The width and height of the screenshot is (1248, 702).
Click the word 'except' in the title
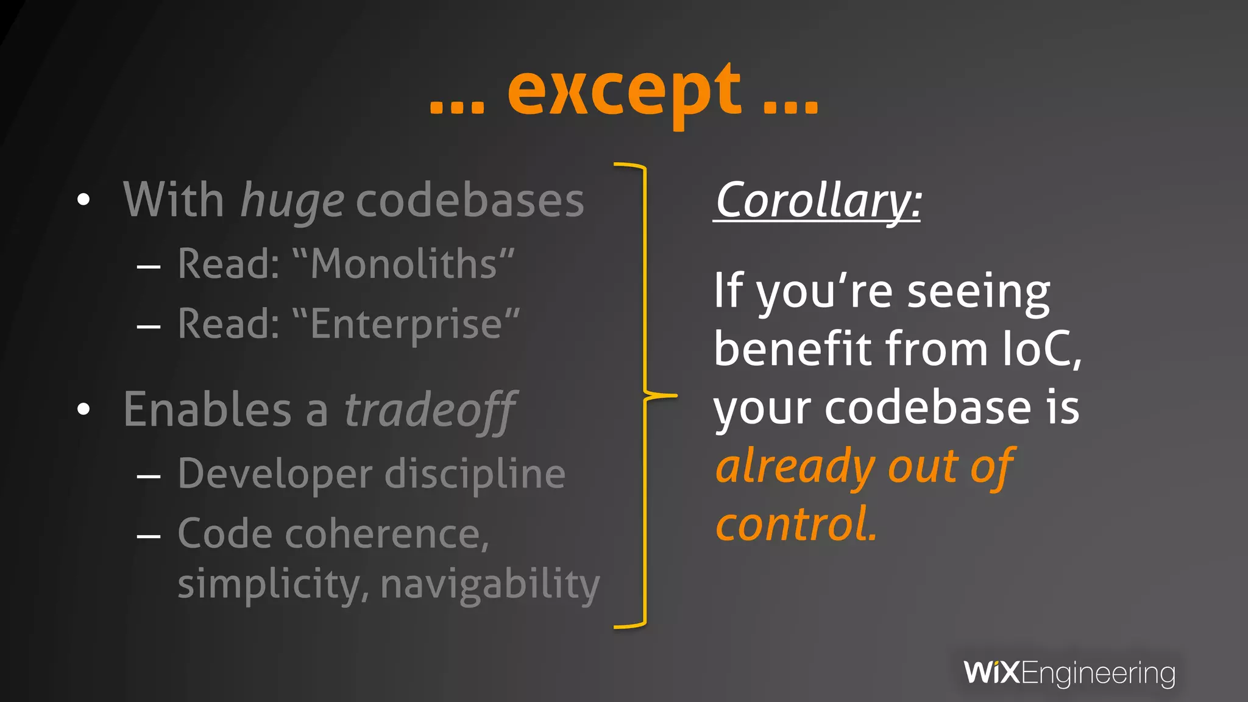click(624, 91)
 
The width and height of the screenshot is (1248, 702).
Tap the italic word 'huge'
click(292, 201)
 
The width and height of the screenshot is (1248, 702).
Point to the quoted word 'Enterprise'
click(406, 324)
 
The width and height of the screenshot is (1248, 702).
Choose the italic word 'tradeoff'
click(430, 410)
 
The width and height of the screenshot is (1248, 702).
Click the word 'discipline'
click(475, 473)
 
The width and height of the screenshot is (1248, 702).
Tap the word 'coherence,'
click(387, 534)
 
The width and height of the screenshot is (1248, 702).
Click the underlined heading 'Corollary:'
click(817, 200)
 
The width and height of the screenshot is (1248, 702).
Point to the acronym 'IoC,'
click(1043, 349)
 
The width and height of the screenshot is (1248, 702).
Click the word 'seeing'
click(979, 291)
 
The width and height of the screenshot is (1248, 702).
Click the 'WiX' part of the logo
click(991, 673)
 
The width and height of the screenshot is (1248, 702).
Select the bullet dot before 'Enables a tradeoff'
click(83, 409)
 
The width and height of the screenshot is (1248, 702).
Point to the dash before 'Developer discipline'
click(149, 475)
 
